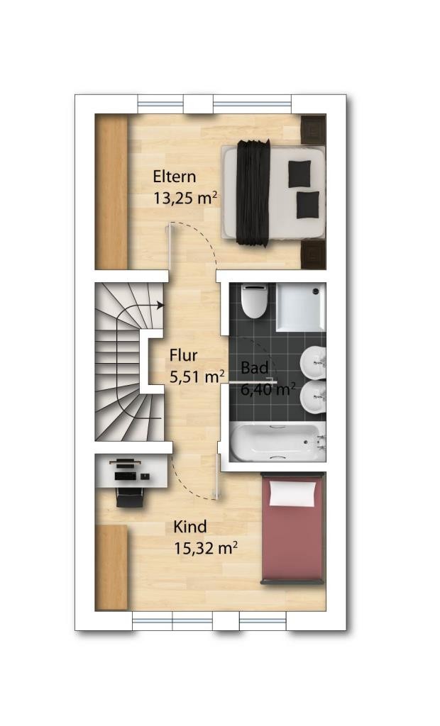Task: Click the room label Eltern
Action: coord(175,177)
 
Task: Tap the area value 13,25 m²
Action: coord(185,199)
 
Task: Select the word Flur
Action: coord(184,355)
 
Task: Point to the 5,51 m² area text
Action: coord(197,376)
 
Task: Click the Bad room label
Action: coord(255,368)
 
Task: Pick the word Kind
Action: coord(190,527)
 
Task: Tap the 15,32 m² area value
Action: coord(206,548)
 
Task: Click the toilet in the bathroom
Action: coord(253,301)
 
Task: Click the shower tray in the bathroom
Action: coord(301,308)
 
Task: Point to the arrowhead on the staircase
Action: coord(160,305)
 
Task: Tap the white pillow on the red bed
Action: coord(292,493)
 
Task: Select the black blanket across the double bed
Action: coord(253,191)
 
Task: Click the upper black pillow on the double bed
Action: coord(299,174)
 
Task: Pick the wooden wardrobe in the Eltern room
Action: coord(111,191)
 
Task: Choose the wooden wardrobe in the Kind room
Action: coord(111,568)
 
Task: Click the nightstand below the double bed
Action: coord(314,254)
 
